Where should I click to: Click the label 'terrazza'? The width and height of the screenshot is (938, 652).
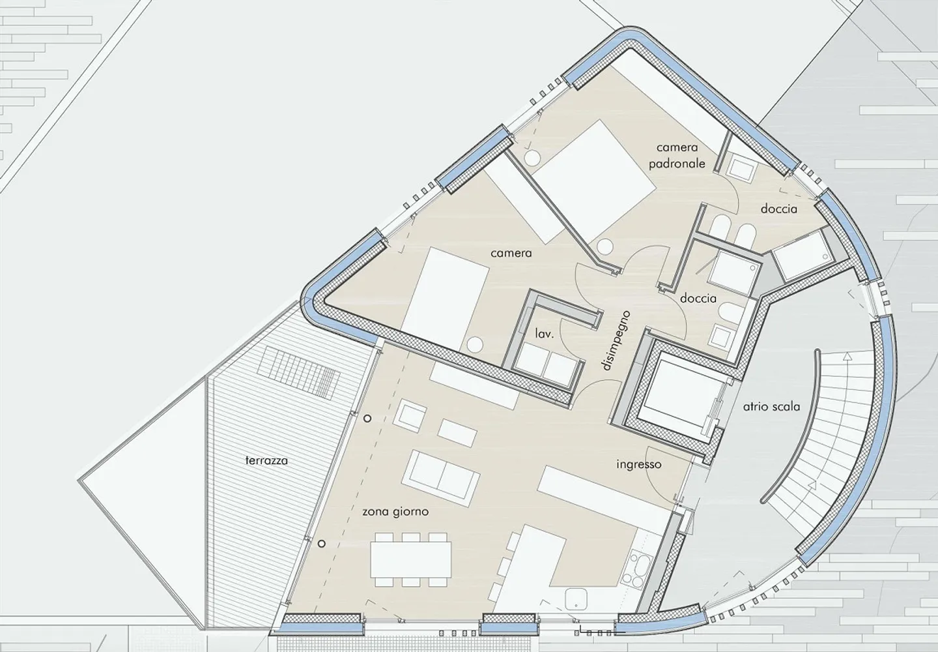[266, 460]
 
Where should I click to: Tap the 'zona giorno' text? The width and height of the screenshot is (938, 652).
[395, 512]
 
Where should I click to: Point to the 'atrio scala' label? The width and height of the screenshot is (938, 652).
[771, 406]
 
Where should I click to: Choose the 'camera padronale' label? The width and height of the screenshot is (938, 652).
[677, 155]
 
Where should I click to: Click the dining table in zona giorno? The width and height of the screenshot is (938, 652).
[411, 559]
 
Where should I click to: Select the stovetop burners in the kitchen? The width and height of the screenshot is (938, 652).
[635, 570]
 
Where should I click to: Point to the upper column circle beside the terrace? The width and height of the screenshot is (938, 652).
[367, 418]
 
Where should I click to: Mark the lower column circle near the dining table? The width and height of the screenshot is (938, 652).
[322, 544]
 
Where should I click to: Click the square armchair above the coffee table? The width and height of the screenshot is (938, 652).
[411, 415]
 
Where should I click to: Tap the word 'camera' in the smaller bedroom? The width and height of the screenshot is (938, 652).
[511, 253]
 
